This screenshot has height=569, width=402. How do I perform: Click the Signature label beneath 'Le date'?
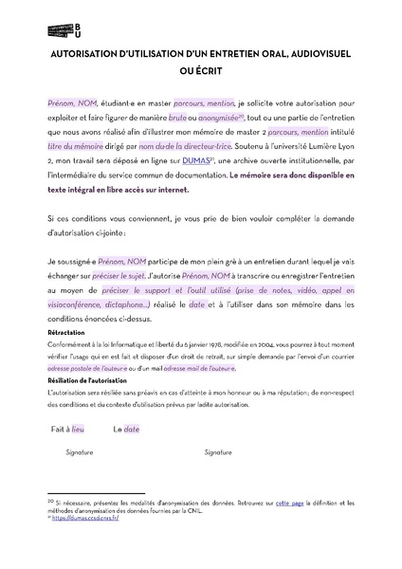(218, 453)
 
